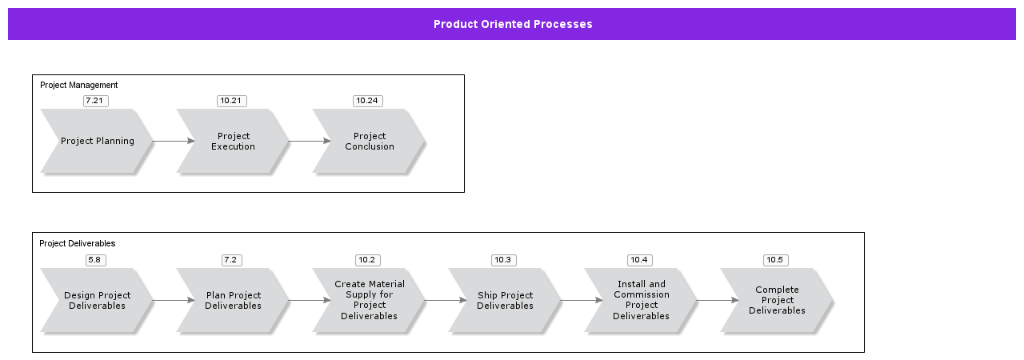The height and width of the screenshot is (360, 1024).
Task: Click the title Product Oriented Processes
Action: click(513, 24)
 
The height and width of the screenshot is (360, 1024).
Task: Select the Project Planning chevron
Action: click(97, 142)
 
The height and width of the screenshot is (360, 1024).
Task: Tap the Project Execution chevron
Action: click(233, 142)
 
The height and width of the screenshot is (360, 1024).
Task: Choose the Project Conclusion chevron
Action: click(369, 142)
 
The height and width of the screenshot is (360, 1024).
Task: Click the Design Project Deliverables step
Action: click(97, 300)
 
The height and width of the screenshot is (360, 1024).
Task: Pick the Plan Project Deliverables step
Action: click(233, 300)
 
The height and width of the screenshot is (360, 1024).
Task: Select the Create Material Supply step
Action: click(369, 300)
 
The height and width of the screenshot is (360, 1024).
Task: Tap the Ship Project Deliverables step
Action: click(505, 300)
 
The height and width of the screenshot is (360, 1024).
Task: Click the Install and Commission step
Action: click(641, 300)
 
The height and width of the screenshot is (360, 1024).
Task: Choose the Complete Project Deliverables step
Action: click(777, 300)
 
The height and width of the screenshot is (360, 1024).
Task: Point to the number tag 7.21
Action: click(95, 101)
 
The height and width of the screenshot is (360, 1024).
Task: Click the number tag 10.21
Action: click(231, 101)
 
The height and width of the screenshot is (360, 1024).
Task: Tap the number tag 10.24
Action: click(367, 101)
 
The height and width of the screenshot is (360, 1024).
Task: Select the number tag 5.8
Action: click(95, 260)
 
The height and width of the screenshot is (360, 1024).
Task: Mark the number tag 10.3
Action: click(503, 260)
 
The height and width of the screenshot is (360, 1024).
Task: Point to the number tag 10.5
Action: click(775, 260)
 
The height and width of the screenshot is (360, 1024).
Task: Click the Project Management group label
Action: click(79, 85)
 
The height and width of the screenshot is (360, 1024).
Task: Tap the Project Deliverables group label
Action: click(78, 243)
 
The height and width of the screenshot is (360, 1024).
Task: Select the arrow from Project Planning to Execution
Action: click(174, 142)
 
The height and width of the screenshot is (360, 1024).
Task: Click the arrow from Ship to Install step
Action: click(582, 301)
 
